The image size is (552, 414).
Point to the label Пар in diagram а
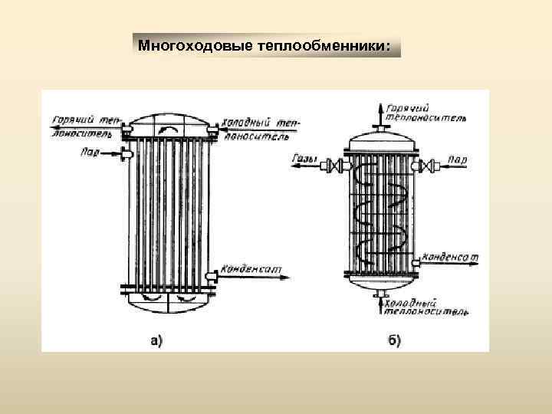tap(90, 152)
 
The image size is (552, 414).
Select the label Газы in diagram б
tap(305, 160)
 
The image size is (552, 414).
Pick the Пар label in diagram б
tap(457, 160)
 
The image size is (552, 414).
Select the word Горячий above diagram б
tap(407, 109)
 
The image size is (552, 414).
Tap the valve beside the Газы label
tap(335, 163)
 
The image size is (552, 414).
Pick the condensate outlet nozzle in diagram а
tap(212, 274)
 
